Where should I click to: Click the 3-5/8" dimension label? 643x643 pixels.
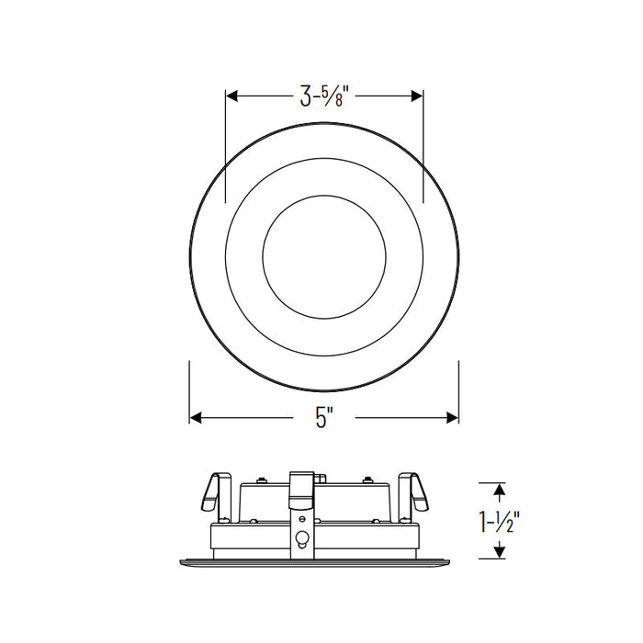coord(324,96)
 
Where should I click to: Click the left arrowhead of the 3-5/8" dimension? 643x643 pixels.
coord(232,96)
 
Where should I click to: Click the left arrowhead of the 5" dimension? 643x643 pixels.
coord(196,418)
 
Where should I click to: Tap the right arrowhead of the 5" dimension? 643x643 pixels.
coord(452,418)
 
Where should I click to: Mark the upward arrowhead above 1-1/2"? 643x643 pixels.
coord(498,490)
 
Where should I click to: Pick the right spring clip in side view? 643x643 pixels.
coord(414,491)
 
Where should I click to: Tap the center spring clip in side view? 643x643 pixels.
coord(300,488)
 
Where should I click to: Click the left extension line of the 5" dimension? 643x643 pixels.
coord(189,390)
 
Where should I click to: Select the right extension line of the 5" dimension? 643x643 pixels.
coord(458,390)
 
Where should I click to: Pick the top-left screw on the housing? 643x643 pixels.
coord(261,479)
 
